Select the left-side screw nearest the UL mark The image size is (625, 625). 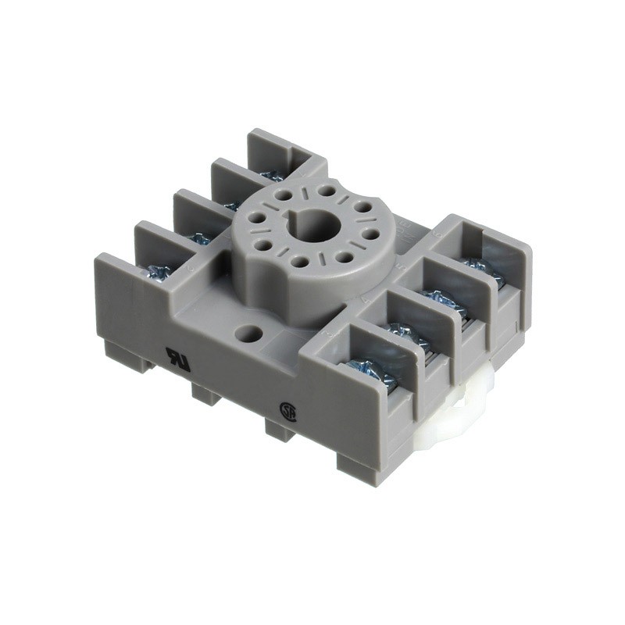point(159,272)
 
